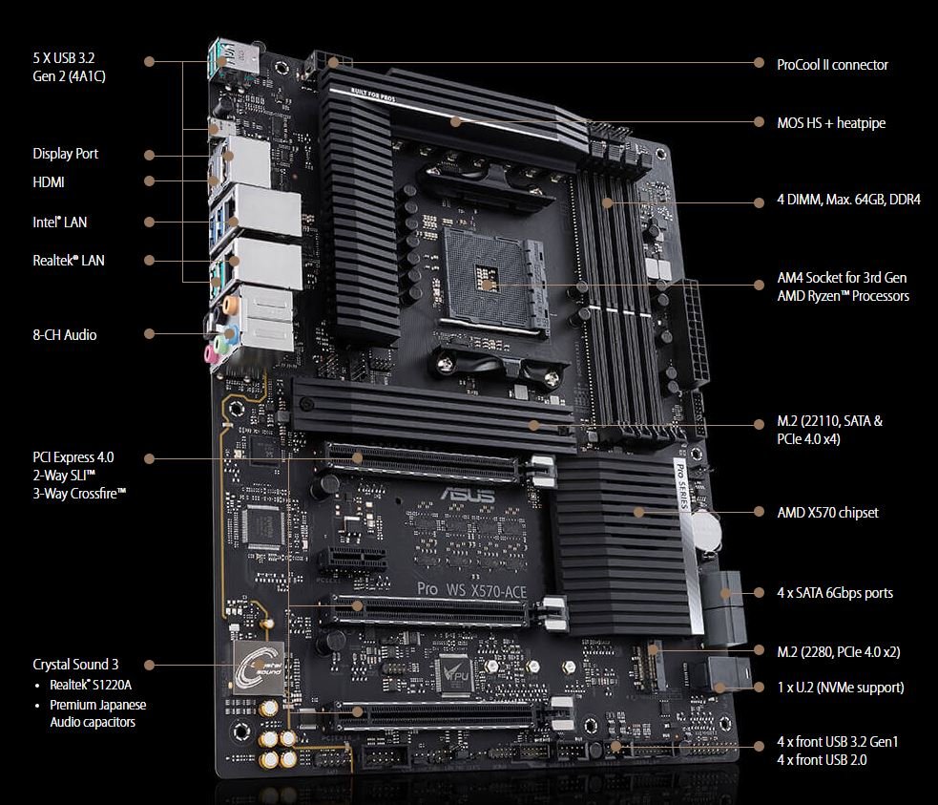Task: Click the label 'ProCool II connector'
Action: point(832,65)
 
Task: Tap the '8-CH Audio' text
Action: point(64,335)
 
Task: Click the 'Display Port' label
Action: point(65,154)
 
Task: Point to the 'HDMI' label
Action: point(49,181)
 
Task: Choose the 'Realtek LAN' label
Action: point(69,260)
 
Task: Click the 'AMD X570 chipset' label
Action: point(827,513)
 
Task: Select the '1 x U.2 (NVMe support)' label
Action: point(840,687)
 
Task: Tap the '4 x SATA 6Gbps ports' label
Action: point(835,593)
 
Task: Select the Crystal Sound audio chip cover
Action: point(259,667)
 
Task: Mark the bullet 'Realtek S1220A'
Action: point(93,686)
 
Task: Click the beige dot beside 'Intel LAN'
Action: point(150,222)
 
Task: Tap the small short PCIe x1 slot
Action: point(352,558)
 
